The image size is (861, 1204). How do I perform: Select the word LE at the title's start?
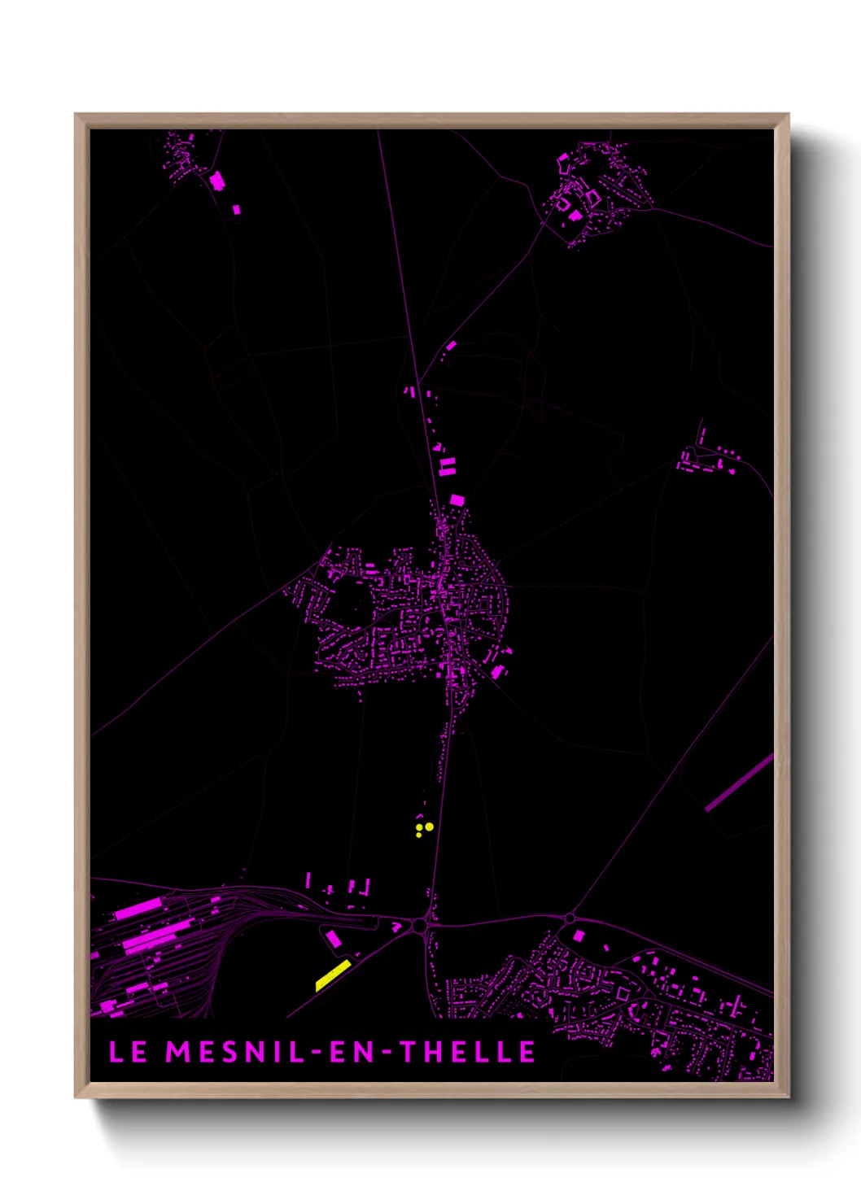coord(128,1052)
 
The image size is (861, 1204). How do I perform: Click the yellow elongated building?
coord(333,975)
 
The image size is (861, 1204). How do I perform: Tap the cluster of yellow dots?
coord(423,829)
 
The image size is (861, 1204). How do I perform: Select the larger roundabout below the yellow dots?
coord(419,925)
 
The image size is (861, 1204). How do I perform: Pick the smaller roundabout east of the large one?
coord(569,918)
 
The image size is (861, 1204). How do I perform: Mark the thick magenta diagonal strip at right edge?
coord(739,782)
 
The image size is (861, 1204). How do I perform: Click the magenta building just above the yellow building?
coord(333,940)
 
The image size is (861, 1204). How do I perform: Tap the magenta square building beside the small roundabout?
coord(579,936)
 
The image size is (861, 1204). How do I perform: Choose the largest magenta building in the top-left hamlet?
coord(216,180)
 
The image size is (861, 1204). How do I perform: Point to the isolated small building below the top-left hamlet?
coord(237,210)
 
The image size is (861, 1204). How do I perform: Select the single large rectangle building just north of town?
coord(457,499)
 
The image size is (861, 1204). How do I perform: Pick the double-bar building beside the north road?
coord(447,466)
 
